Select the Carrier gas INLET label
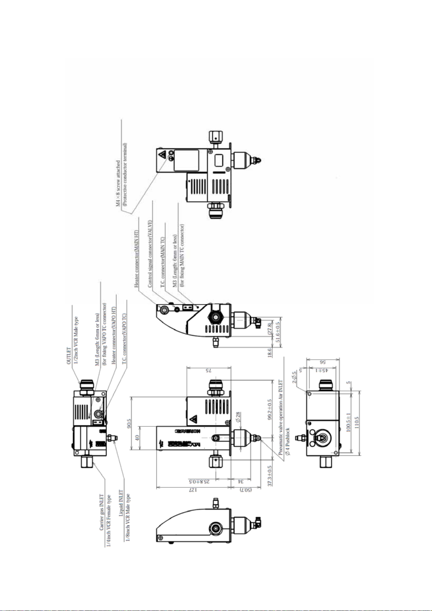coord(102,512)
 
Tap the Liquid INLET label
coord(121,504)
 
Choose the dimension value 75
coord(208,371)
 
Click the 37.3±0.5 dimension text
coord(270,475)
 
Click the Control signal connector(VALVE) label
coord(150,254)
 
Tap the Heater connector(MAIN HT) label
coord(137,259)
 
